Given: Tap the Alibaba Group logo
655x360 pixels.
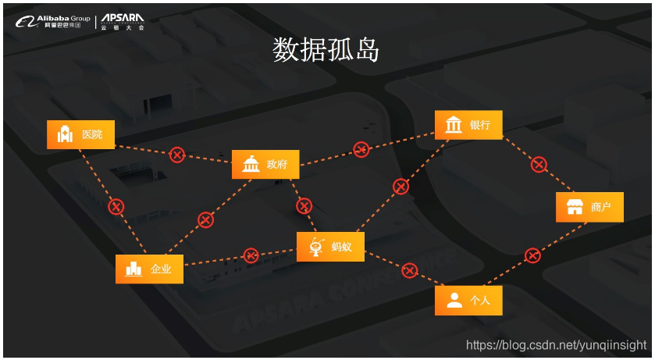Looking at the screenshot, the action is pyautogui.click(x=53, y=21).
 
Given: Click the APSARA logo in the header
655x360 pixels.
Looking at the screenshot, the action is pyautogui.click(x=123, y=21).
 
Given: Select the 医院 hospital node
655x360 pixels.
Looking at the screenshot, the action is pyautogui.click(x=80, y=134).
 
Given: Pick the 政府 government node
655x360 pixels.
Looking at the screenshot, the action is pyautogui.click(x=265, y=164).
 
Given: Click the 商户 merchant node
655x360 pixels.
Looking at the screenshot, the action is pyautogui.click(x=589, y=207).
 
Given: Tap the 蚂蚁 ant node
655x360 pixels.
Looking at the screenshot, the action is pyautogui.click(x=330, y=247).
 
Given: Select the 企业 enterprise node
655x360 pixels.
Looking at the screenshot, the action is pyautogui.click(x=149, y=269).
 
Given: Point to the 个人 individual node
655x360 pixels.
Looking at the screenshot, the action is pyautogui.click(x=468, y=300).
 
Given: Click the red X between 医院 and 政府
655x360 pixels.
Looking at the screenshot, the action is pyautogui.click(x=177, y=155).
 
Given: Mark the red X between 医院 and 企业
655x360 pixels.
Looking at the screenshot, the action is pyautogui.click(x=116, y=206).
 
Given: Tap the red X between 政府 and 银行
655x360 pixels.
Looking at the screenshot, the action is pyautogui.click(x=361, y=149).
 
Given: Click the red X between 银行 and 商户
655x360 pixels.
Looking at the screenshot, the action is pyautogui.click(x=539, y=164).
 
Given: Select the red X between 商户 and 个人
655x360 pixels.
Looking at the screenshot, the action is pyautogui.click(x=532, y=255).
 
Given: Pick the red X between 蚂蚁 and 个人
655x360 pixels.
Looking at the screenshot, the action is pyautogui.click(x=410, y=270).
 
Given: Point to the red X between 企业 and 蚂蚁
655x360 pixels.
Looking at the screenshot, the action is pyautogui.click(x=251, y=255).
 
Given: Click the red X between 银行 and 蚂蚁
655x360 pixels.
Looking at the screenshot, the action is pyautogui.click(x=400, y=186).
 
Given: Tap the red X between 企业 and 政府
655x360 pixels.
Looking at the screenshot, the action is pyautogui.click(x=205, y=219).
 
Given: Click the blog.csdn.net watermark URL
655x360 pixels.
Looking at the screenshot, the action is pyautogui.click(x=556, y=344).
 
